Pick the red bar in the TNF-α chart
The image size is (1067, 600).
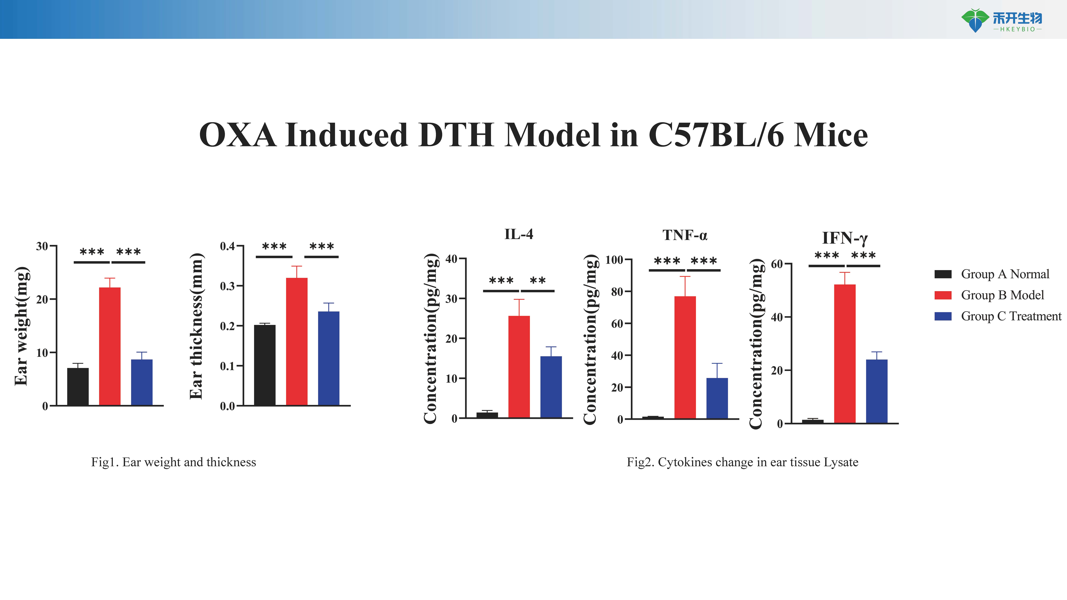pyautogui.click(x=685, y=357)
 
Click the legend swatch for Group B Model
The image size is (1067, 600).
pyautogui.click(x=943, y=295)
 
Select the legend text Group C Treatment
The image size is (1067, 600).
pyautogui.click(x=1011, y=316)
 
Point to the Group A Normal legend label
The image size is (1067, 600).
pyautogui.click(x=1005, y=274)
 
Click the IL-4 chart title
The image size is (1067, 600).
pyautogui.click(x=519, y=234)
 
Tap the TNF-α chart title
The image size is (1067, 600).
pyautogui.click(x=685, y=235)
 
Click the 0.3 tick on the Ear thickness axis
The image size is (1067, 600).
pyautogui.click(x=227, y=286)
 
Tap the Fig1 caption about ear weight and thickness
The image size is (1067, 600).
pyautogui.click(x=174, y=462)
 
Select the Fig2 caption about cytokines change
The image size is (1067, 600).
pyautogui.click(x=742, y=462)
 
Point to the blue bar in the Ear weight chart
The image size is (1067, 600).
pyautogui.click(x=142, y=382)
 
